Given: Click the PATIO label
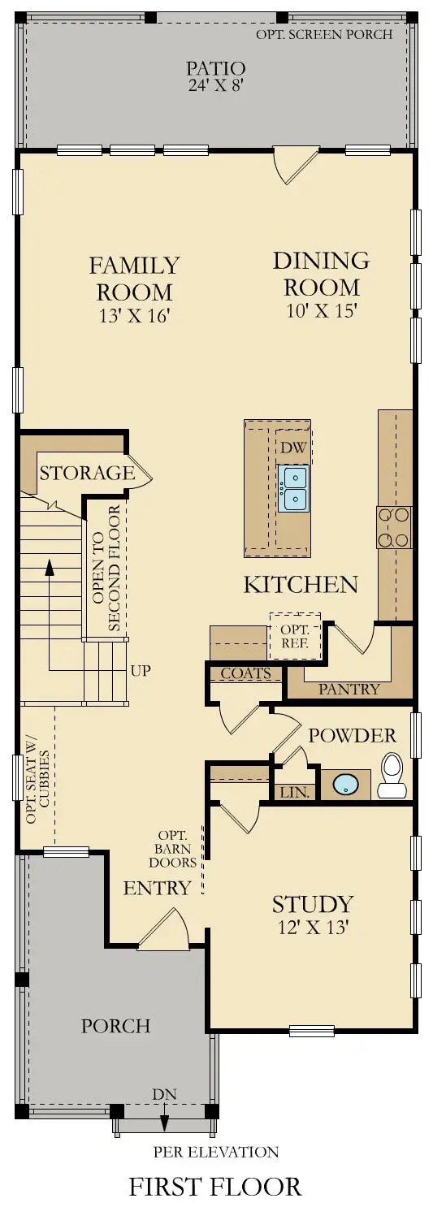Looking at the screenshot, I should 215,67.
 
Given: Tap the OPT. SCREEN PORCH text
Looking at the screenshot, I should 324,34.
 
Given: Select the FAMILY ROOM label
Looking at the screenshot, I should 134,278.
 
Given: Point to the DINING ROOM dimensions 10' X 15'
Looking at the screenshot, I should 321,310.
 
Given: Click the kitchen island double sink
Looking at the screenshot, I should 293,488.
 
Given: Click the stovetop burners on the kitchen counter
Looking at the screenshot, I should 394,527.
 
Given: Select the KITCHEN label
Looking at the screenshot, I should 301,584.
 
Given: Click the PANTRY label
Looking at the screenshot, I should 349,689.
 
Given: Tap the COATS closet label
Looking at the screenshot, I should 245,673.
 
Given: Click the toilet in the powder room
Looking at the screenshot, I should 392,775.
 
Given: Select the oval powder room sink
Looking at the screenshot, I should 346,785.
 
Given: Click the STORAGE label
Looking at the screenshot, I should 87,473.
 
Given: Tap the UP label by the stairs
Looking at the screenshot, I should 140,671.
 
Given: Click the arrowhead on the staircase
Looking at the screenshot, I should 50,566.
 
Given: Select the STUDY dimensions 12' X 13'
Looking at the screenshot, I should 312,927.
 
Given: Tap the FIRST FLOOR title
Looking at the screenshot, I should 215,1187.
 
